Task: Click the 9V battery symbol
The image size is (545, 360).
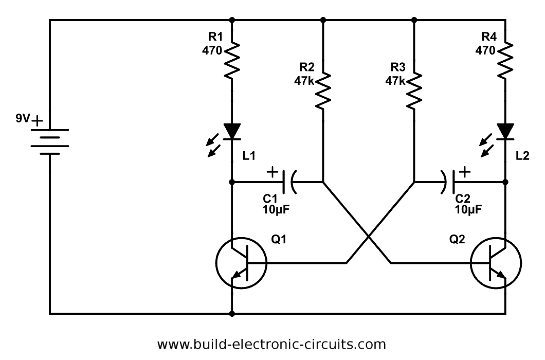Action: click(49, 141)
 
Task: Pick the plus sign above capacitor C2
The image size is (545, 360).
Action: click(464, 172)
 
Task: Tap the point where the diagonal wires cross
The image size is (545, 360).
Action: click(369, 237)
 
